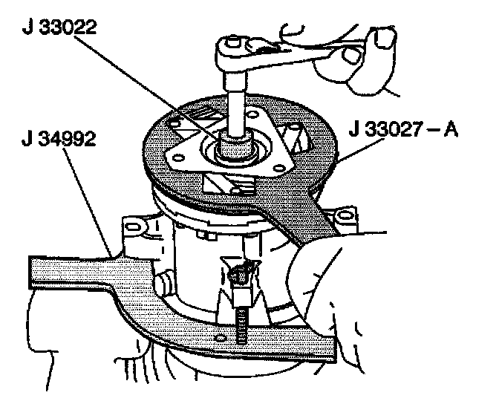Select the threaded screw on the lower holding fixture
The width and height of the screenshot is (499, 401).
pyautogui.click(x=242, y=323)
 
